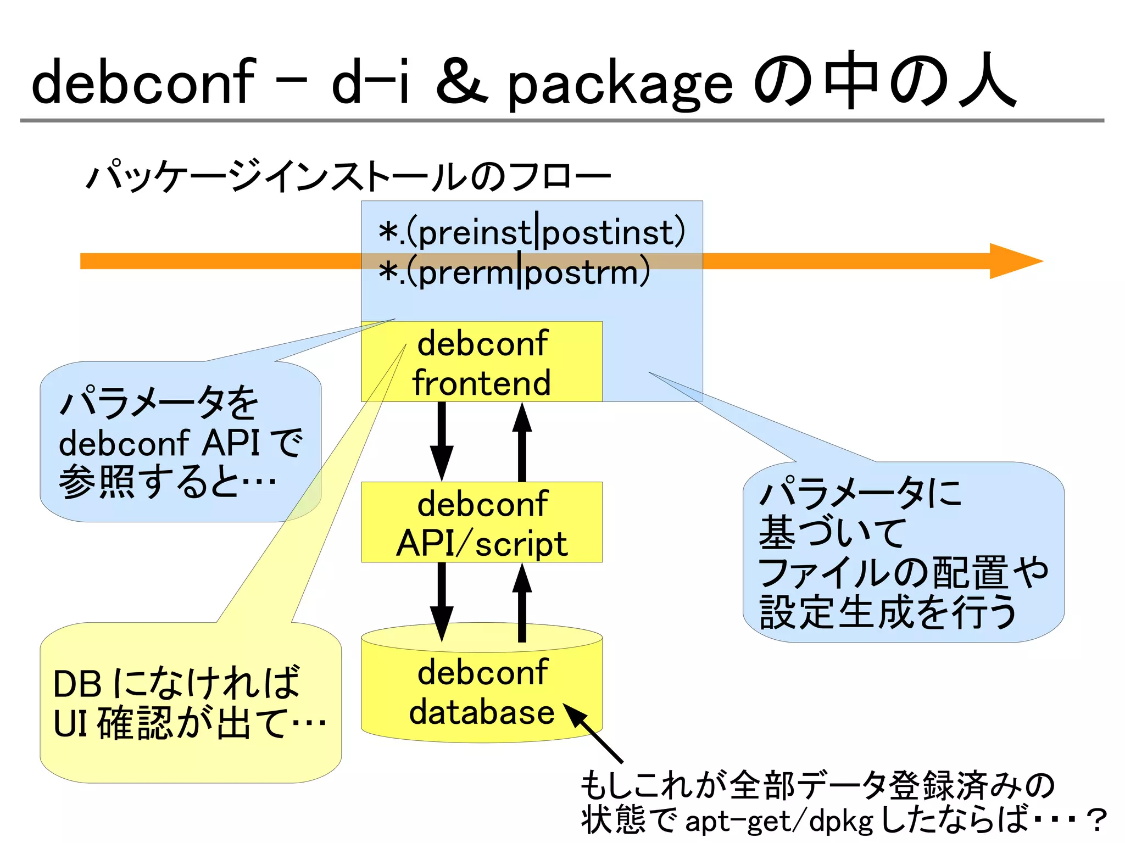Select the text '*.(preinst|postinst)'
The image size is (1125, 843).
coord(532,232)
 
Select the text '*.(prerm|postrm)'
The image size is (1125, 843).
coord(514,272)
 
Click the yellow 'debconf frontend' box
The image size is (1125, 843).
coord(482,362)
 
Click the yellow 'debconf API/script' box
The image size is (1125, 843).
coord(482,522)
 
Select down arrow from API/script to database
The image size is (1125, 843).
coord(442,601)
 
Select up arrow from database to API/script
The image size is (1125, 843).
coord(522,601)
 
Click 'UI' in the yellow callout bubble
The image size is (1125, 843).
coord(70,723)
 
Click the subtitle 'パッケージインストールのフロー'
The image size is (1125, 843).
coord(348,177)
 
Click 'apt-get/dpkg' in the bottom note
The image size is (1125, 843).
coord(778,821)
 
